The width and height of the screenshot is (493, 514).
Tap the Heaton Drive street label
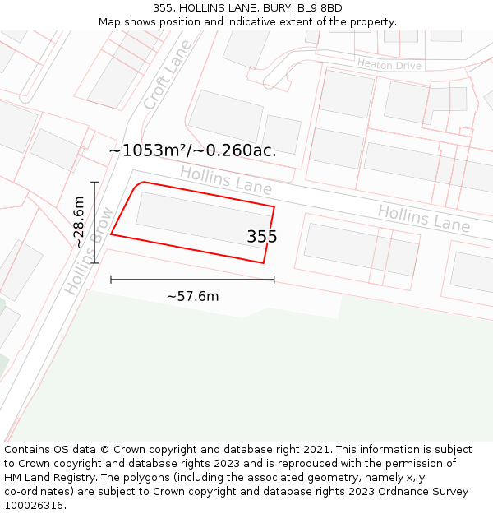(x=389, y=65)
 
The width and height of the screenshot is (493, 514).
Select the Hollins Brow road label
(x=90, y=251)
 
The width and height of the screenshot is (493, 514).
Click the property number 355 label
(x=262, y=237)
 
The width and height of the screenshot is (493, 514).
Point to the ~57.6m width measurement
(x=192, y=296)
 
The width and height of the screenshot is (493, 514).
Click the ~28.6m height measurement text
(x=79, y=222)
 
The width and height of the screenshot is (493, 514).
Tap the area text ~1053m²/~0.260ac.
(x=192, y=150)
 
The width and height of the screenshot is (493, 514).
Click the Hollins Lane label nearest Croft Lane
(x=225, y=180)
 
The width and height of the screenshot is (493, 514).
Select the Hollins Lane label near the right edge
(x=423, y=219)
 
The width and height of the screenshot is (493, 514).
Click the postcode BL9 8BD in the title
(x=319, y=8)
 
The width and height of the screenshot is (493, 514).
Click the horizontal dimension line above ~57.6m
(x=192, y=280)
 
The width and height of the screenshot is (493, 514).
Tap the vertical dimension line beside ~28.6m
(x=95, y=222)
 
